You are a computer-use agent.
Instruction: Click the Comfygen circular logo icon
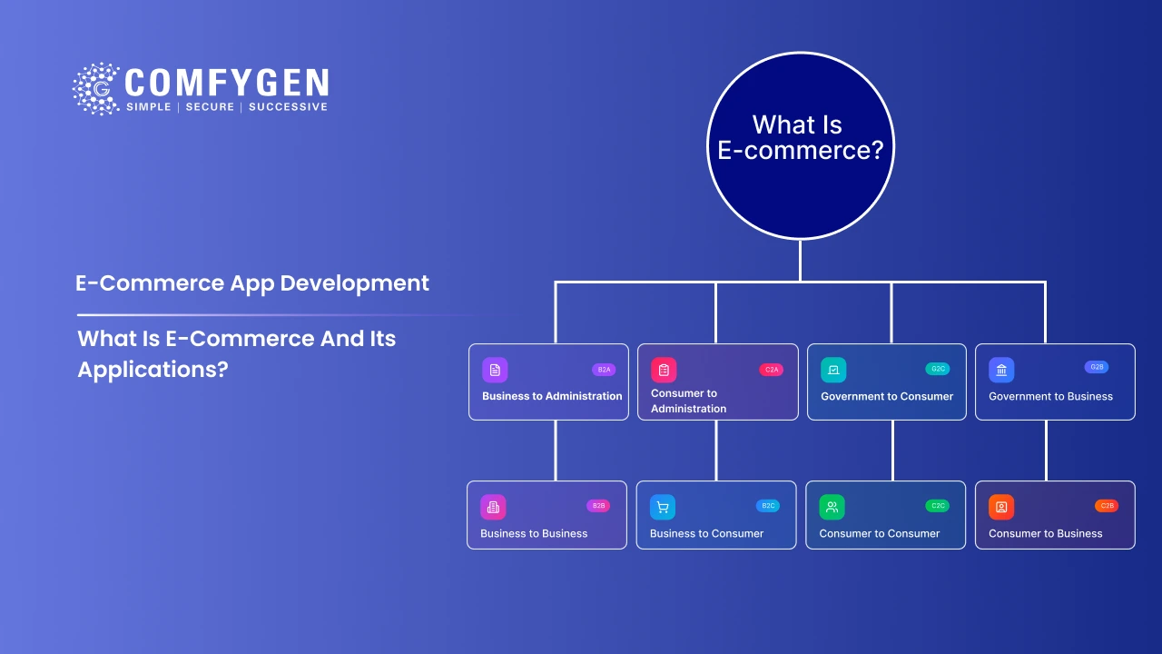point(96,89)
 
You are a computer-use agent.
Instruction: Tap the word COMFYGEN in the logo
point(226,83)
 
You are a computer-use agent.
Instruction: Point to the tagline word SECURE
point(210,107)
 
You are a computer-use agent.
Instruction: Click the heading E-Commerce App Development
point(252,282)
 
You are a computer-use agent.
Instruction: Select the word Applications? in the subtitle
point(152,370)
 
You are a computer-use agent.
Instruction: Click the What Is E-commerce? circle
point(800,145)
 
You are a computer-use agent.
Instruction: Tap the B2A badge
point(604,370)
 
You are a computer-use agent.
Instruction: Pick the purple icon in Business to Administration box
point(495,370)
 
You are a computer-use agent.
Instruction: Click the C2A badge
point(771,370)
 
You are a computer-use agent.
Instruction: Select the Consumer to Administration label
point(688,401)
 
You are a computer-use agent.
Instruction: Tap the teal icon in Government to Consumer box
point(833,370)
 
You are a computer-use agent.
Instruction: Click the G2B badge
point(1096,367)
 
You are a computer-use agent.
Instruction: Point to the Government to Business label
point(1050,396)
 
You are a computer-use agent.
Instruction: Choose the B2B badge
point(598,505)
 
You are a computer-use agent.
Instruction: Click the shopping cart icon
point(663,507)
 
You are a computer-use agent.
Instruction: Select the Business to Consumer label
point(706,533)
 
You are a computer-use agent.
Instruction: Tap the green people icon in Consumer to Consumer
point(832,507)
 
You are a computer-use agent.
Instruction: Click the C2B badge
point(1107,505)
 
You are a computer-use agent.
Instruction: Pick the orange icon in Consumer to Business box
point(1001,507)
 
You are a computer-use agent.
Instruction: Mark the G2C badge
point(938,369)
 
